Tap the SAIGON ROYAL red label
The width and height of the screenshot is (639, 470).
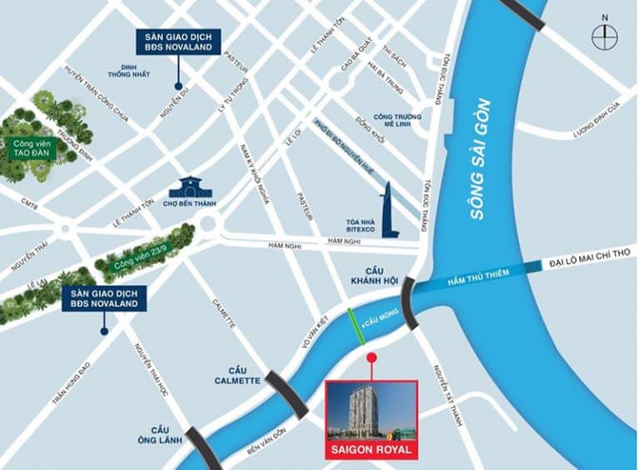(x=371, y=451)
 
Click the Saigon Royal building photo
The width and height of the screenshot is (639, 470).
(x=371, y=411)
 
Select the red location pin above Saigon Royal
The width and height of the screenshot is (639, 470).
(x=371, y=358)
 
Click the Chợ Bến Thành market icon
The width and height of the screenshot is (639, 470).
(x=191, y=187)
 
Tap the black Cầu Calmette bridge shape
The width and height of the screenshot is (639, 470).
(x=286, y=395)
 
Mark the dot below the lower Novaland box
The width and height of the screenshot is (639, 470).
(x=104, y=331)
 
